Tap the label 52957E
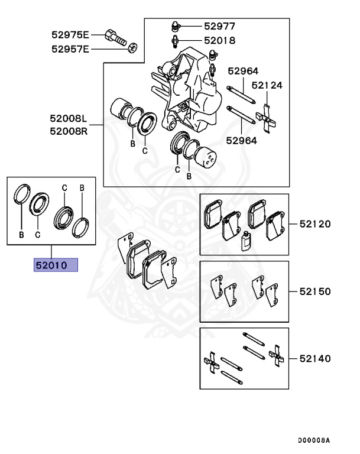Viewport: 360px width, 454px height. pos(70,49)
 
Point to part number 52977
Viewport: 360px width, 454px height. pos(219,26)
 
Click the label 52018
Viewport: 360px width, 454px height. pos(219,41)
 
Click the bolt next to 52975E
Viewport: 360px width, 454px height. pos(116,37)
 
